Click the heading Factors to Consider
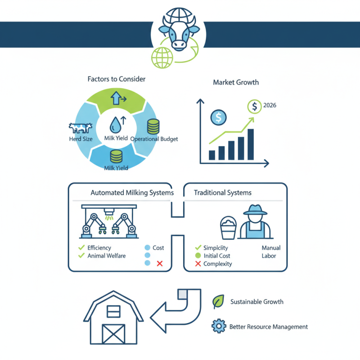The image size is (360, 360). pyautogui.click(x=117, y=79)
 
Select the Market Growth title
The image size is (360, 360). pyautogui.click(x=236, y=83)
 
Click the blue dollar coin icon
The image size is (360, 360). pyautogui.click(x=218, y=117)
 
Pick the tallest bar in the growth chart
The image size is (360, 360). pyautogui.click(x=251, y=144)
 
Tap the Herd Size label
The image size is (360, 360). pyautogui.click(x=81, y=139)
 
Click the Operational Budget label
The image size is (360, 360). pyautogui.click(x=154, y=139)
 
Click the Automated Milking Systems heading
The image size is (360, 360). pyautogui.click(x=132, y=193)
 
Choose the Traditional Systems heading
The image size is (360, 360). pyautogui.click(x=223, y=193)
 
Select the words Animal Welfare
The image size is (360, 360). pyautogui.click(x=107, y=256)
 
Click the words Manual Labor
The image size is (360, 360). pyautogui.click(x=271, y=252)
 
